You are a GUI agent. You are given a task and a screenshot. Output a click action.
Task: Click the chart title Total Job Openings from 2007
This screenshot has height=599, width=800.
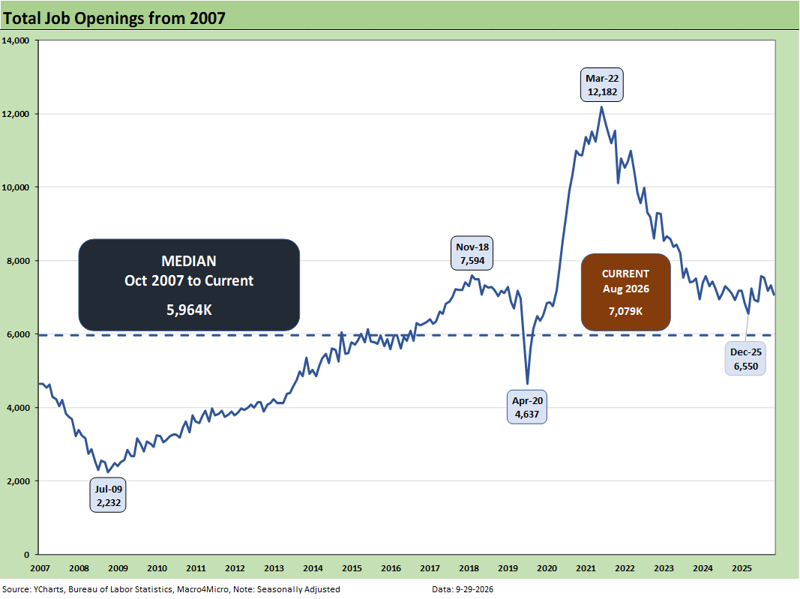(114, 19)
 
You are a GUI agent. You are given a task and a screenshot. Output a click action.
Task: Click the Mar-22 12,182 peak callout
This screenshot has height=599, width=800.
(602, 85)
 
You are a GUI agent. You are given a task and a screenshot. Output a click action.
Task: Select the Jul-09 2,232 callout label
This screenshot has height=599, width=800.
(108, 496)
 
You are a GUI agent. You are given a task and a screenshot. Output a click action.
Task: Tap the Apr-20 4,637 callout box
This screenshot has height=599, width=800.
(527, 407)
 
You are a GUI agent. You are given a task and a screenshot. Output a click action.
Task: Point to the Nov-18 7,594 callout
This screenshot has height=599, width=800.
(472, 253)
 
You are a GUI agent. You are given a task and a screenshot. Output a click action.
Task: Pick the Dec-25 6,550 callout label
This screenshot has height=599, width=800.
(745, 358)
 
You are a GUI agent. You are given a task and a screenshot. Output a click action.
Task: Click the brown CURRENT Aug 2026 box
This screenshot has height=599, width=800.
(625, 292)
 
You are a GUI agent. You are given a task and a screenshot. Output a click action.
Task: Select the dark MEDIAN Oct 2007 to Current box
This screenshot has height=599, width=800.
(189, 285)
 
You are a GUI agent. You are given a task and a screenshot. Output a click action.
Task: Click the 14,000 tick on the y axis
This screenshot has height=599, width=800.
(15, 40)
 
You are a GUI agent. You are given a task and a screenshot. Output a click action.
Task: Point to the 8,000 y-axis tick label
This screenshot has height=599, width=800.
(17, 261)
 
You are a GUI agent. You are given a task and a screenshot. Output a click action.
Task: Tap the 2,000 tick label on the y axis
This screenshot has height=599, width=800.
(17, 481)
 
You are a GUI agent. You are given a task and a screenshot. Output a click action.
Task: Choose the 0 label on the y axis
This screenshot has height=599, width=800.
(27, 555)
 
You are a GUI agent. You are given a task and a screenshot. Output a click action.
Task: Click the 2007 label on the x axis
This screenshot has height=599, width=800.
(40, 568)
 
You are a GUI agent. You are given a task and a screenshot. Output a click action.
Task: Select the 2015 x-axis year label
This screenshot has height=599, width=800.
(352, 568)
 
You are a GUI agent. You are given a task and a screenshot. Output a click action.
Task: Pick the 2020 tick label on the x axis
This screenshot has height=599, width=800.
(547, 568)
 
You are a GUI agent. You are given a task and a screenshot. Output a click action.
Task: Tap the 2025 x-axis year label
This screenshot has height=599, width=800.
(742, 568)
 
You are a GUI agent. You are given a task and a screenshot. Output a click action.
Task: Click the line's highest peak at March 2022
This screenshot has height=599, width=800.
(602, 107)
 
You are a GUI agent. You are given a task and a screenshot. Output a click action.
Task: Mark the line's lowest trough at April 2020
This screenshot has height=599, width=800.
(528, 384)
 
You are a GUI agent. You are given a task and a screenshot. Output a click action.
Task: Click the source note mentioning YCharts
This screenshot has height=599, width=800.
(171, 589)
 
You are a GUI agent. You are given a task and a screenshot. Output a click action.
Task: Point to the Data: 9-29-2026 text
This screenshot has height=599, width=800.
(463, 589)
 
